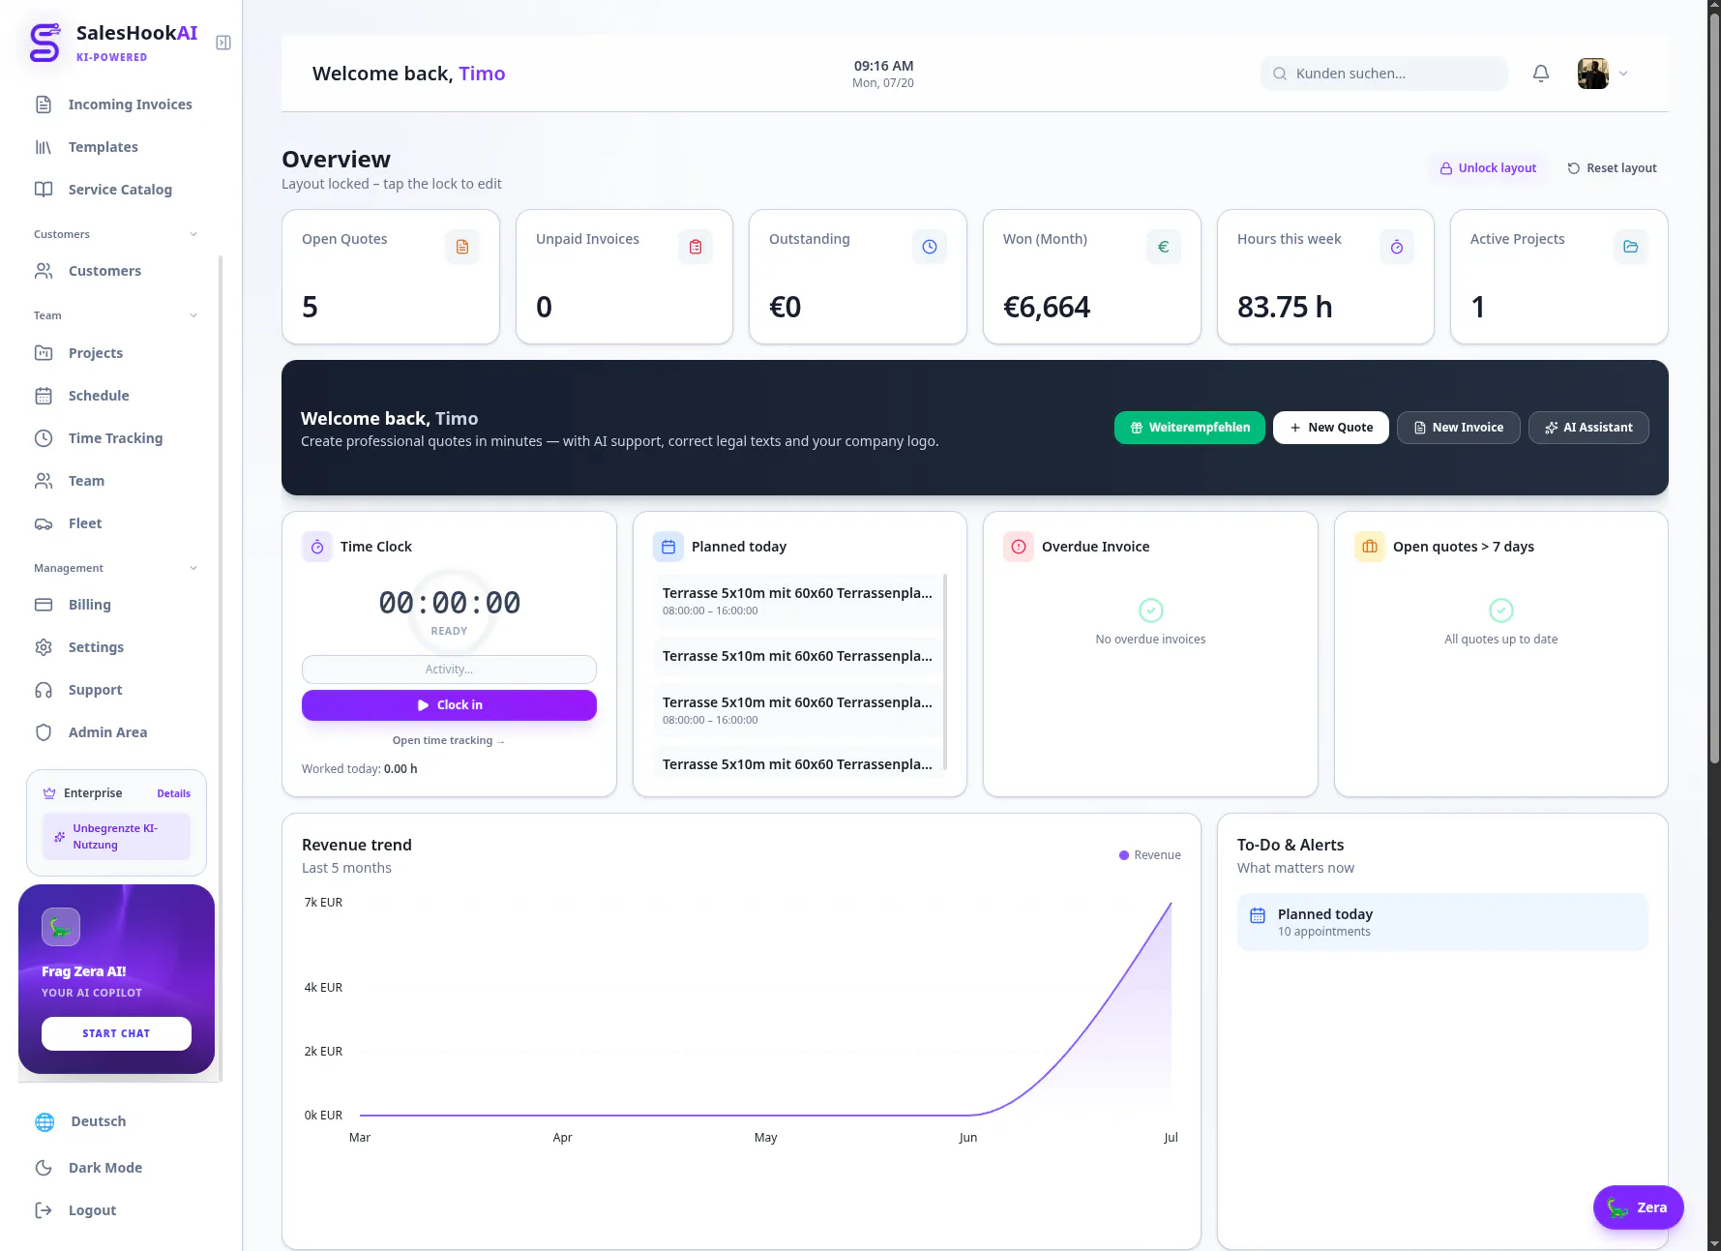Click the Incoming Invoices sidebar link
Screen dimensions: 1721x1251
coord(113,104)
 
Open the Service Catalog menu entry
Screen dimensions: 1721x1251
coord(104,190)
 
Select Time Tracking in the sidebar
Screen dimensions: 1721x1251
coord(99,438)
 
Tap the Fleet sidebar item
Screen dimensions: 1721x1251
coord(69,523)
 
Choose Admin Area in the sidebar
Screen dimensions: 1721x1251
coord(91,732)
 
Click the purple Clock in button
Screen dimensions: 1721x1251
coord(449,705)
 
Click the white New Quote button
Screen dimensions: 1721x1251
coord(1331,428)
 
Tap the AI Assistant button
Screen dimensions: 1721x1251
coord(1588,428)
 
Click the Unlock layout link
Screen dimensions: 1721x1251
coord(1488,168)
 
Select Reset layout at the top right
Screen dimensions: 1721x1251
coord(1612,168)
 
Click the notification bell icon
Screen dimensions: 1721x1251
coord(1541,74)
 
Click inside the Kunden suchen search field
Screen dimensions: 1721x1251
coord(1383,74)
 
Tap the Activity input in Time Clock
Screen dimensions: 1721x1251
coord(449,670)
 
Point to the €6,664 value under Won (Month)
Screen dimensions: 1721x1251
coord(1047,308)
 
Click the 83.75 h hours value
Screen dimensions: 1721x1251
coord(1285,308)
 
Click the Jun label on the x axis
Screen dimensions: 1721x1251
coord(968,1138)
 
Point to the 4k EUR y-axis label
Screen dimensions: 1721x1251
coord(323,988)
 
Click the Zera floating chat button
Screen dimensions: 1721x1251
coord(1638,1207)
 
